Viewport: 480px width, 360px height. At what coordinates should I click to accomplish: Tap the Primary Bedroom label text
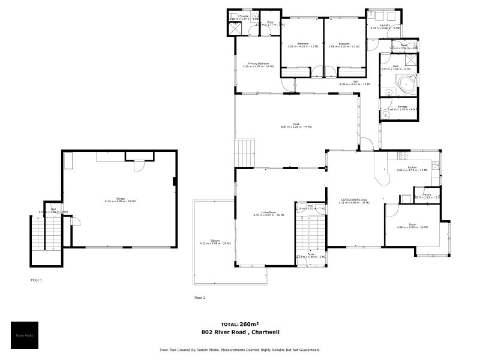click(255, 64)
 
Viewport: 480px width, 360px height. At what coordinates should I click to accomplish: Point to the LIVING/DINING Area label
click(355, 201)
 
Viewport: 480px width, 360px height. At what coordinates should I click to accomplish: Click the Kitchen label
click(412, 168)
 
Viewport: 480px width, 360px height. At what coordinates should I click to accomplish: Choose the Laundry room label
click(384, 26)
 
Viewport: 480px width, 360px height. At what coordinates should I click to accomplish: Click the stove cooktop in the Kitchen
click(417, 157)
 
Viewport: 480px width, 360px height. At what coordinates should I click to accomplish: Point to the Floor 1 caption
click(37, 280)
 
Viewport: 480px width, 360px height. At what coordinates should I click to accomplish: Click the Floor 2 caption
click(200, 298)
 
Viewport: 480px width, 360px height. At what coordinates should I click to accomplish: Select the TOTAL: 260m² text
click(239, 323)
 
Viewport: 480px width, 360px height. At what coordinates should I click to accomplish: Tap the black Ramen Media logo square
click(25, 335)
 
